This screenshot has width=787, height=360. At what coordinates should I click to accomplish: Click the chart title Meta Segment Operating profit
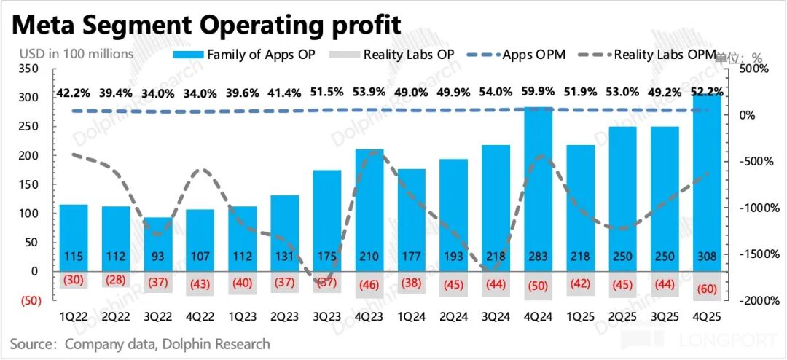(206, 24)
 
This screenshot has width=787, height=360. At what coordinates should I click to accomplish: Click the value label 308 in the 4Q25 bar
(707, 258)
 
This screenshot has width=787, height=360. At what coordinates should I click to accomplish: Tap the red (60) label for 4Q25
(707, 286)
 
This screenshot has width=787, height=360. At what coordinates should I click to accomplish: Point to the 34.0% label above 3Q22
(158, 93)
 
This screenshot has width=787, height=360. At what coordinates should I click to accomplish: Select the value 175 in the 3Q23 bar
(326, 258)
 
